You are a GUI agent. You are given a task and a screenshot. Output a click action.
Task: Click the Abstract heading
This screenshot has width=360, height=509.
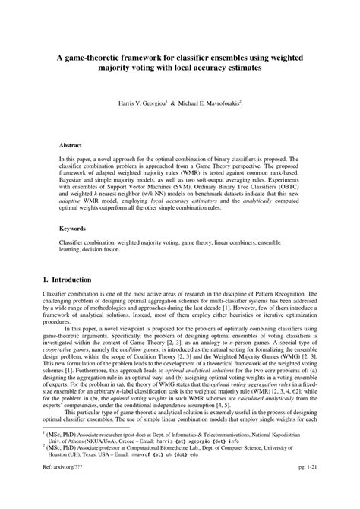73,144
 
